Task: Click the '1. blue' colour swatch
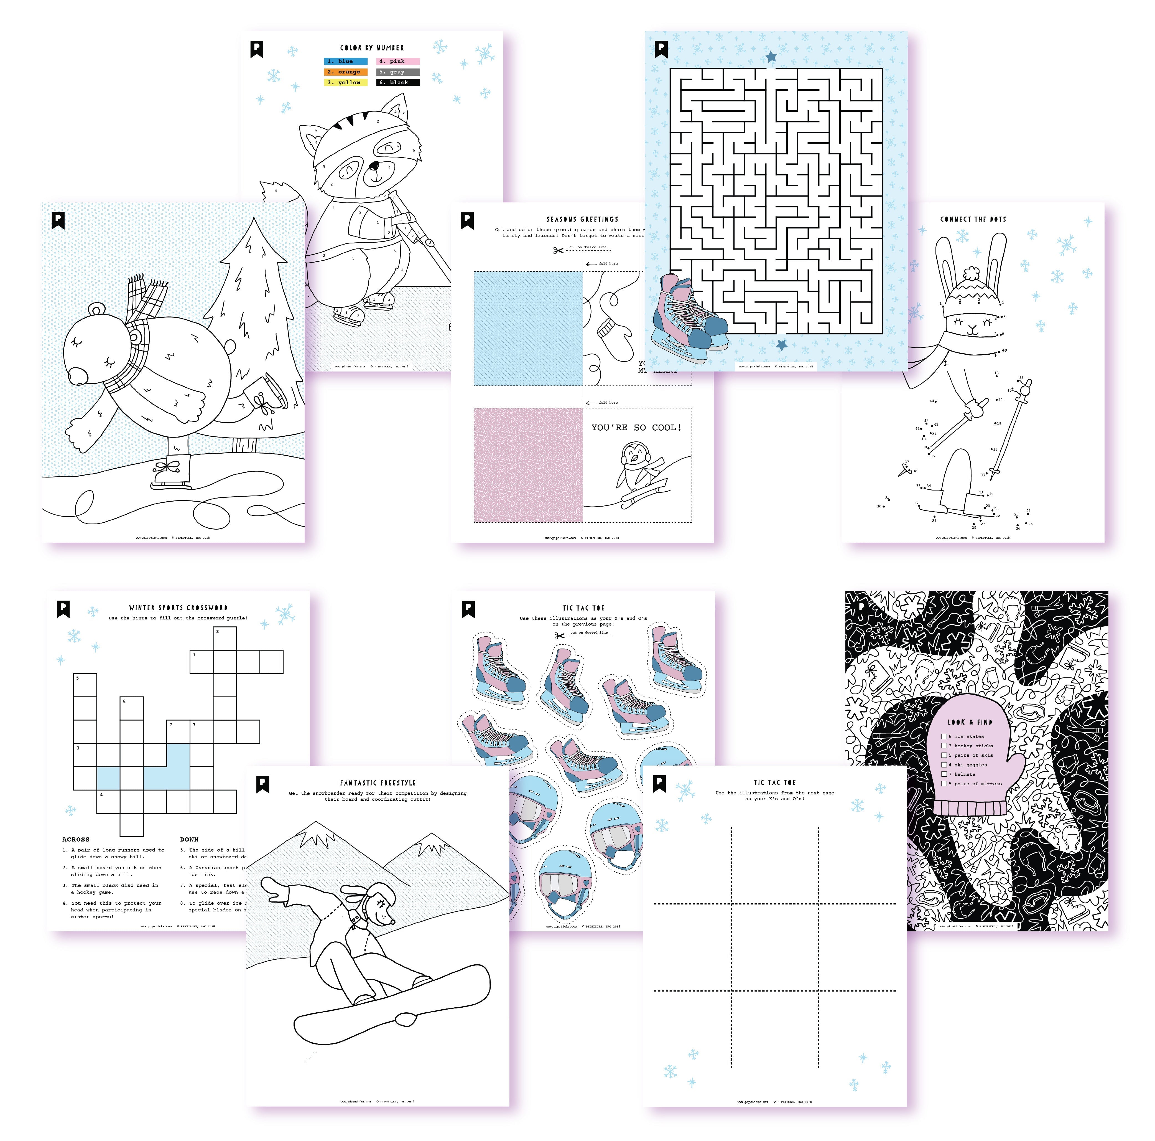click(346, 61)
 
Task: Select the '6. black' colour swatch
click(397, 83)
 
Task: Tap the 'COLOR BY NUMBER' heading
click(372, 48)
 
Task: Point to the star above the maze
click(771, 57)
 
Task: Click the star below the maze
click(781, 344)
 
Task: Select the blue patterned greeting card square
click(528, 328)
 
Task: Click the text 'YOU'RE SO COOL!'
click(636, 428)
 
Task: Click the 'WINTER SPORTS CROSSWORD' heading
click(178, 608)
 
